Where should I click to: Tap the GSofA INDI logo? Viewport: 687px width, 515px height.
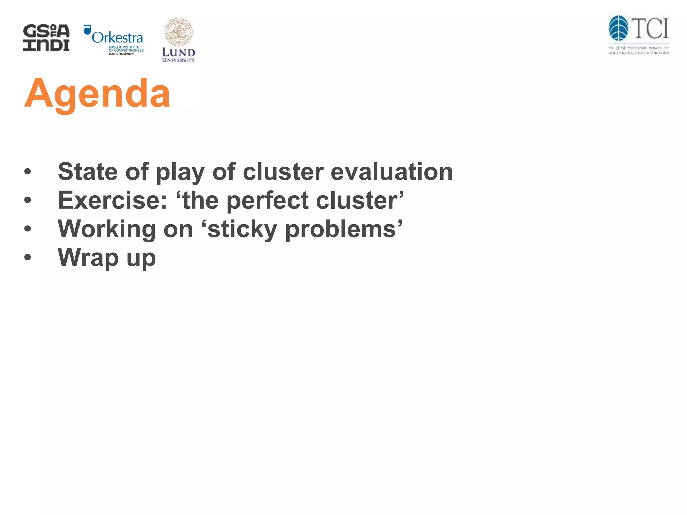[x=46, y=38]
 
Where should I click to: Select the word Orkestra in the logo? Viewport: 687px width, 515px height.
[x=117, y=38]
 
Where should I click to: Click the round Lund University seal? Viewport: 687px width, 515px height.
[x=178, y=32]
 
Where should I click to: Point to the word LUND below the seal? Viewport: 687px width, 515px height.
[x=178, y=52]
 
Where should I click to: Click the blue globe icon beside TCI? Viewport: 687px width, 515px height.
[x=618, y=28]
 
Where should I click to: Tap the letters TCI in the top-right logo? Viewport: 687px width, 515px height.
[x=651, y=29]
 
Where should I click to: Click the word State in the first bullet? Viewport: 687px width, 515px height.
[x=88, y=172]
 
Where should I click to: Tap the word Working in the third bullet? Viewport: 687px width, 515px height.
[x=107, y=229]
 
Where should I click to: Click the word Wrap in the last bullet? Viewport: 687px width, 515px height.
[x=88, y=258]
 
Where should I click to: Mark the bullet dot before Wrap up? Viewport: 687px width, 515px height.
[x=28, y=257]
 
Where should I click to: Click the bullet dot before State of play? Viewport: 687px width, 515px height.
[x=28, y=172]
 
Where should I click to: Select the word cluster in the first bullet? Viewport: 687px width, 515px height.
[x=283, y=172]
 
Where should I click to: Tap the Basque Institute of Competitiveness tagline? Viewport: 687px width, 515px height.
[x=126, y=49]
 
